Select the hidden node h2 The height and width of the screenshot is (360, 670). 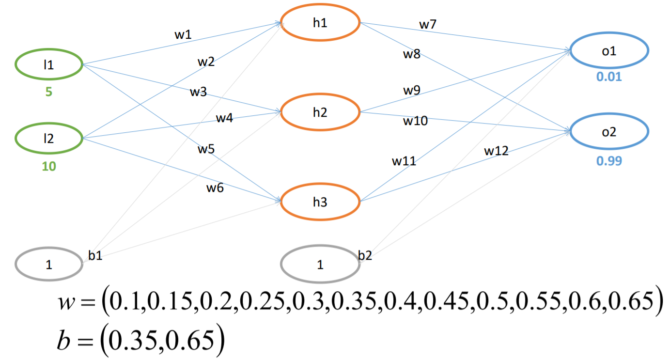(x=320, y=112)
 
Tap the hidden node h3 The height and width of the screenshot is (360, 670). (x=320, y=202)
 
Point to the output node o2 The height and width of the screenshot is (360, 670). (x=609, y=132)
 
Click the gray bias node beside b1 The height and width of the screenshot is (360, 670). (x=48, y=265)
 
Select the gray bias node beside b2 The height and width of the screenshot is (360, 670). (x=320, y=265)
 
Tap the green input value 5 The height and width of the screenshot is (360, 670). (x=48, y=92)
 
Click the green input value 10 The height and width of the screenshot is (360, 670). (x=48, y=167)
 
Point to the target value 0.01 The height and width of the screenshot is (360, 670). (x=609, y=78)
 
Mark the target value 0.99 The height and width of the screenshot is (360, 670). (x=609, y=160)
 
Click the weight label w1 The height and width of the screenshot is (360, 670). (x=183, y=35)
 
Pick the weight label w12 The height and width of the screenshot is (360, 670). (x=497, y=151)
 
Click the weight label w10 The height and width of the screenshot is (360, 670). (x=415, y=121)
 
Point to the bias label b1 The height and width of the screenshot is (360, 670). (x=95, y=255)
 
